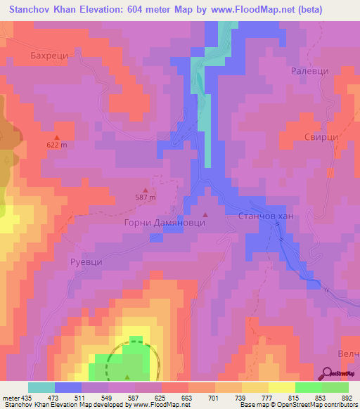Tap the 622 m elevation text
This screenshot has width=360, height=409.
[57, 145]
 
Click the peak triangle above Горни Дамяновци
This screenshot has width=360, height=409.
[205, 215]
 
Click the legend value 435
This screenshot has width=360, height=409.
[28, 397]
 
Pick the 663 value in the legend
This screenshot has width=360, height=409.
[185, 397]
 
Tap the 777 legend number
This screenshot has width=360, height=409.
[264, 397]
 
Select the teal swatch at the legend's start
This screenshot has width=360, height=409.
[41, 387]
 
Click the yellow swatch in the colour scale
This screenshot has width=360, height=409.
[282, 387]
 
